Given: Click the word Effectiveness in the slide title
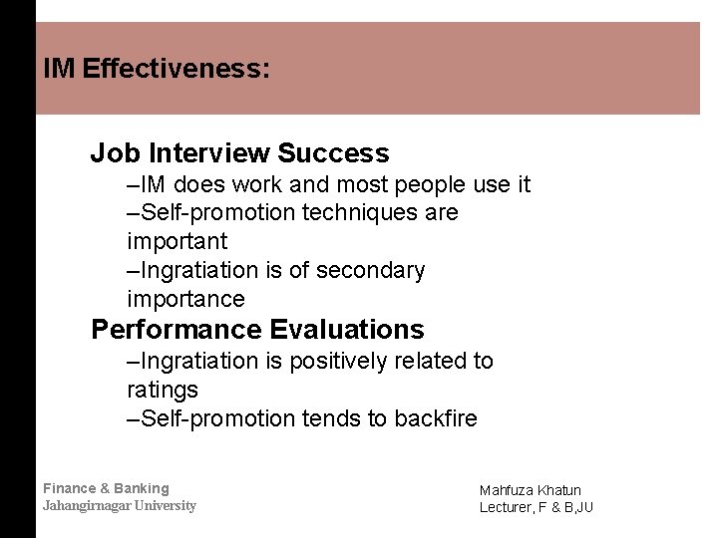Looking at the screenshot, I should point(177,70).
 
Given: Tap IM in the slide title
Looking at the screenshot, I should point(60,70).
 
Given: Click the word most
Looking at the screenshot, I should point(365,184).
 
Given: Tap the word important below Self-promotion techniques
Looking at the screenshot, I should point(178,241).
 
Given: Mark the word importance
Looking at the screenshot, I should point(185,299).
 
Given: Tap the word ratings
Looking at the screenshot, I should point(163,390).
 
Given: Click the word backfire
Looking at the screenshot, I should point(436,418).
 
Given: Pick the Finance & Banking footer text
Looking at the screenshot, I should point(106,488).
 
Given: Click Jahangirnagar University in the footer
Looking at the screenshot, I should point(120,505).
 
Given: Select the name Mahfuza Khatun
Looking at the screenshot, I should point(531,490).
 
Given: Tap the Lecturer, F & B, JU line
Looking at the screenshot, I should point(537,508).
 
